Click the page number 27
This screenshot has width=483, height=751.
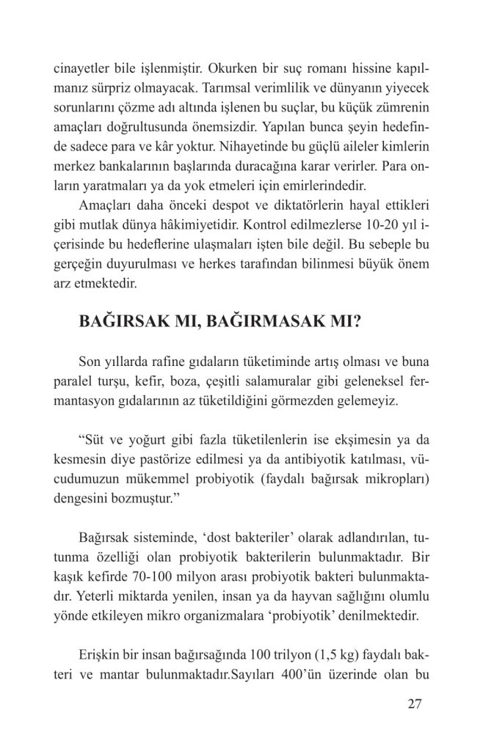point(413,706)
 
